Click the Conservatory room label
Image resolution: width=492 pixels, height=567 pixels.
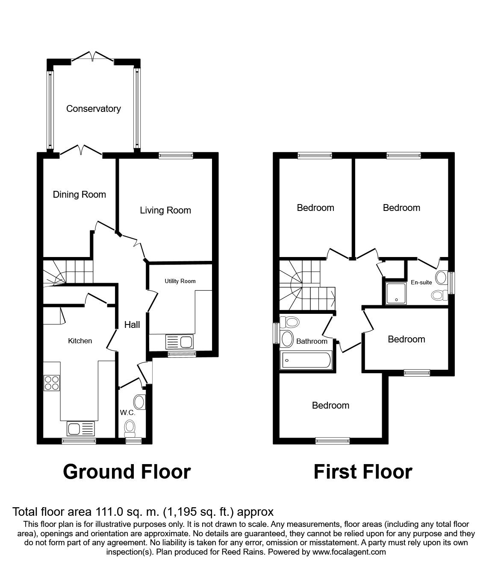[94, 108]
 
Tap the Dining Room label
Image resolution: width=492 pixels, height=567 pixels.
[79, 195]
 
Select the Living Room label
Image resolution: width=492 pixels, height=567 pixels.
[165, 210]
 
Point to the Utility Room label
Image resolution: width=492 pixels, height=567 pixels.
[180, 281]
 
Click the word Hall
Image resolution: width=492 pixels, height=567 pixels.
[132, 325]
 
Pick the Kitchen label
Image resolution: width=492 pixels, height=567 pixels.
[80, 341]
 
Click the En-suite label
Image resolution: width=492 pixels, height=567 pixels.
[421, 282]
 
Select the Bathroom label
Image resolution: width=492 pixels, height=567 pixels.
[312, 341]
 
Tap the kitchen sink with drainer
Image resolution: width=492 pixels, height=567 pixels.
[81, 429]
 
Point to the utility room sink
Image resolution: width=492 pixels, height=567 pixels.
[180, 342]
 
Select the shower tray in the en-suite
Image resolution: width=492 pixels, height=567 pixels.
[396, 293]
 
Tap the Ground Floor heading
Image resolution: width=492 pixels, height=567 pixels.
[127, 472]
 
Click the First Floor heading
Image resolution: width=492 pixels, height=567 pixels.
[363, 472]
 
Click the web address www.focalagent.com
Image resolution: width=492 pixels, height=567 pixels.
[349, 552]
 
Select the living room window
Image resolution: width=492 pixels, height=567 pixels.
[176, 155]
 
